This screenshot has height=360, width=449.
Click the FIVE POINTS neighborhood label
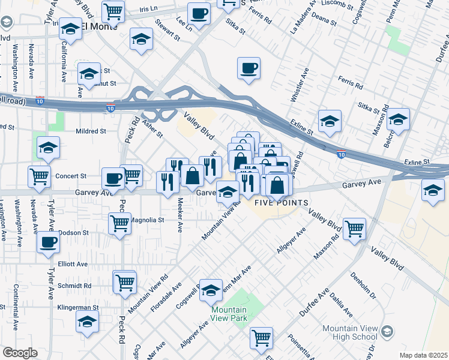pos(282,203)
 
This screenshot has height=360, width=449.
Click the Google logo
pos(19,353)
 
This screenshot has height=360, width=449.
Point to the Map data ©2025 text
pos(423,355)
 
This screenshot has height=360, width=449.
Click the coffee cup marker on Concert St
pos(112,178)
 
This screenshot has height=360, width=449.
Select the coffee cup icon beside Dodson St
pos(48,242)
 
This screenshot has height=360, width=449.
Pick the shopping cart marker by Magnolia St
pos(119,223)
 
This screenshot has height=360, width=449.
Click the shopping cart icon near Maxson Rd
pos(354,228)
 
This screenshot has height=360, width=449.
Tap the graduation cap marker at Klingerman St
pos(87,322)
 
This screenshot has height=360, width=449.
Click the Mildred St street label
pos(91,131)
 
